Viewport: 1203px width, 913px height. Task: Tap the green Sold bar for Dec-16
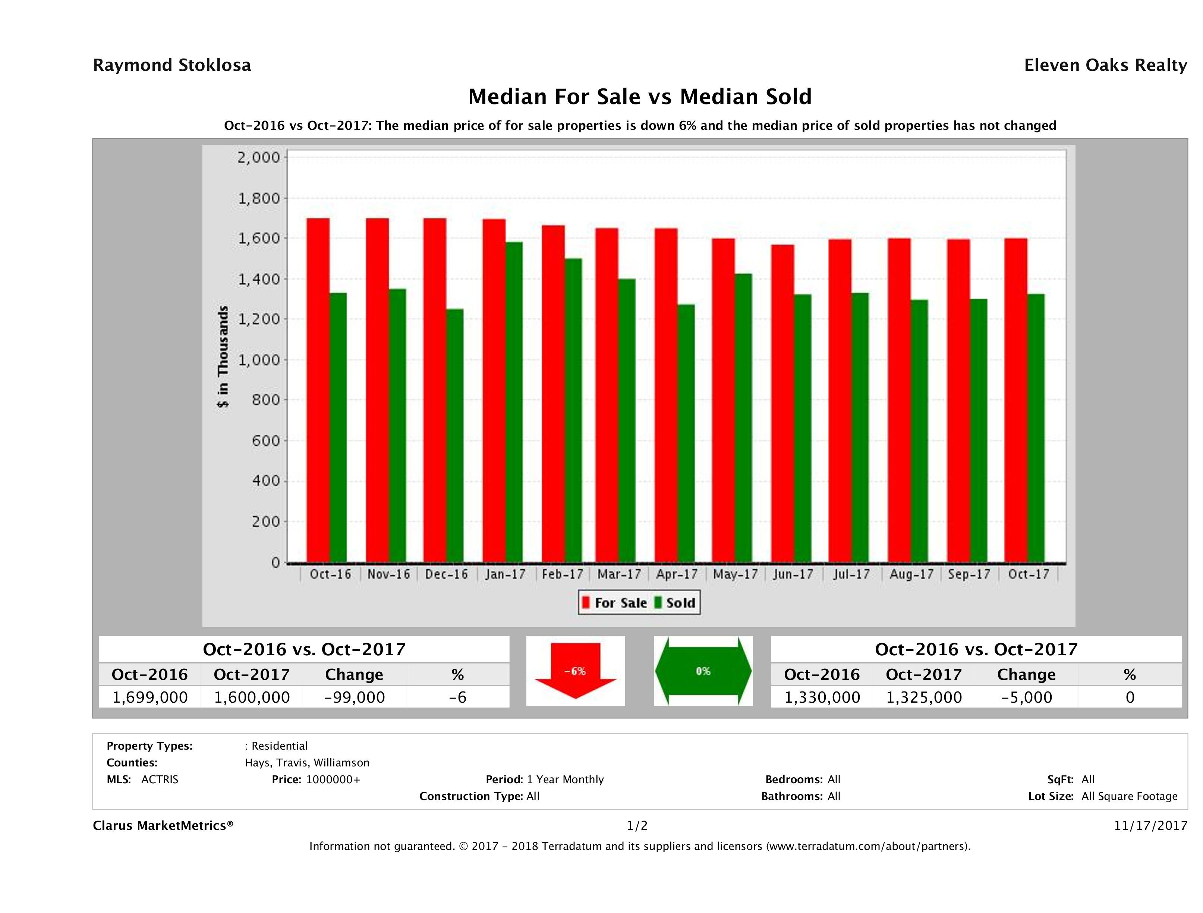coord(455,435)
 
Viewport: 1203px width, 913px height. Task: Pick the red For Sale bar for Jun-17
coord(782,403)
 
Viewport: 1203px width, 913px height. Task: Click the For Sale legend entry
coord(615,603)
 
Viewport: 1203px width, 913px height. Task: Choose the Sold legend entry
coord(675,603)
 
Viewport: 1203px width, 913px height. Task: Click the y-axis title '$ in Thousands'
coord(223,357)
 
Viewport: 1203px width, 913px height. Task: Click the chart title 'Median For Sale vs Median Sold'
coord(640,97)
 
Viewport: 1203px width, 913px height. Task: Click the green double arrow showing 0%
coord(703,671)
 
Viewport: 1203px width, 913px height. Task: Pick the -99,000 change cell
coord(354,697)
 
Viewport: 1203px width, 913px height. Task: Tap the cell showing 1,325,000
coord(923,697)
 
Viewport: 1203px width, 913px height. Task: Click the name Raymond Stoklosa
coord(172,65)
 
